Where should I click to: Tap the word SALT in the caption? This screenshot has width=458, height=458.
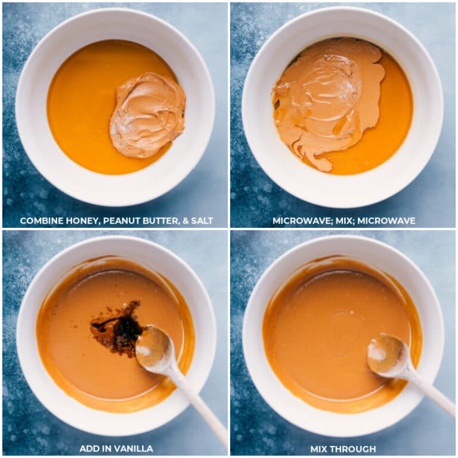click(202, 221)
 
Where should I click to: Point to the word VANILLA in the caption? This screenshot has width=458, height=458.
click(134, 448)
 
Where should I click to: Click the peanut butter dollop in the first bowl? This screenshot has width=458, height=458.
click(148, 115)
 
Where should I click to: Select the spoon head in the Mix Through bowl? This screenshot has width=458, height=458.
click(386, 354)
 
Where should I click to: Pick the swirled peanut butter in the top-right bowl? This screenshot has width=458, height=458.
click(324, 102)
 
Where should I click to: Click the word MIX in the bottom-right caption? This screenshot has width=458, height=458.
click(321, 448)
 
